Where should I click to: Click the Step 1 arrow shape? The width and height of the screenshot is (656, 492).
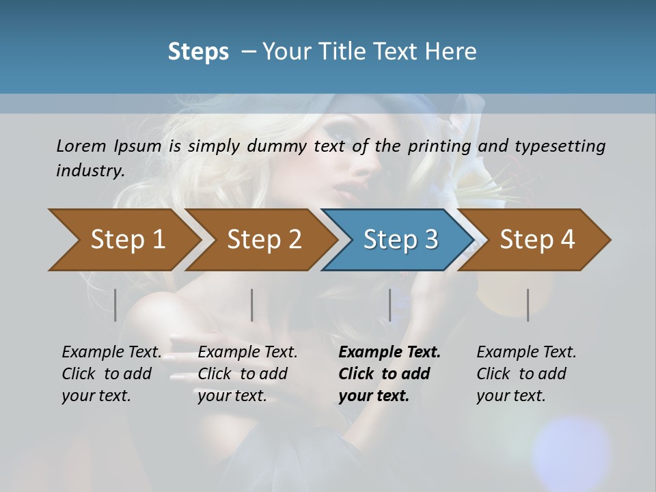123,240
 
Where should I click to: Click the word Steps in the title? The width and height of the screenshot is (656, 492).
198,51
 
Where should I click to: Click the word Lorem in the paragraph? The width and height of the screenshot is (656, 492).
81,146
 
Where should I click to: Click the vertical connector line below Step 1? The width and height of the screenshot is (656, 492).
115,305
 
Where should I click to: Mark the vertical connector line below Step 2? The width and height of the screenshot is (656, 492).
252,305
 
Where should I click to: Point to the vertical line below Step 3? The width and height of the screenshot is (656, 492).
389,305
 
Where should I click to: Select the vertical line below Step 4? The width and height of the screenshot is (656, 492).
528,305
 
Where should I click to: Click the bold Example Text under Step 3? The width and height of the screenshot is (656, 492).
389,353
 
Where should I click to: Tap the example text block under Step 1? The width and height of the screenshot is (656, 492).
111,374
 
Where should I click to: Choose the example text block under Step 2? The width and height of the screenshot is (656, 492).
247,374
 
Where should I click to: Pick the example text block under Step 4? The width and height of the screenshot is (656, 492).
526,374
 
